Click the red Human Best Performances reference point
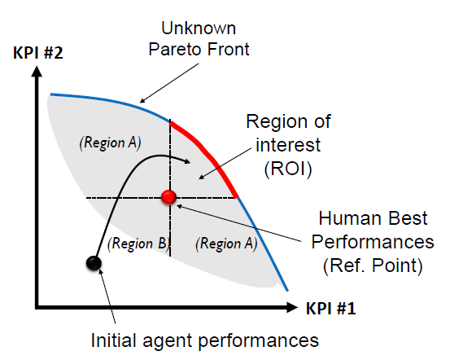tap(168, 197)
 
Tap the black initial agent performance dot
tap(94, 263)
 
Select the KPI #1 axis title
tap(331, 309)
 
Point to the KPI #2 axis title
tap(38, 53)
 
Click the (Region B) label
tap(138, 244)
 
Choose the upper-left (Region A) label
tap(110, 143)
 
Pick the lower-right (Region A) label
tap(226, 244)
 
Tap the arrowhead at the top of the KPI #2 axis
tap(37, 71)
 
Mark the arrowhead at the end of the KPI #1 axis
tap(292, 307)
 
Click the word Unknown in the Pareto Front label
tap(199, 29)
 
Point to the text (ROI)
tap(288, 169)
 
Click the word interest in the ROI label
tap(288, 144)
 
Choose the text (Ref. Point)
tap(373, 266)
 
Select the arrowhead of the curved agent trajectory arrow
tap(186, 161)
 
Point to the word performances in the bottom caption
tap(258, 341)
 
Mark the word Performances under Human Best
tap(373, 242)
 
